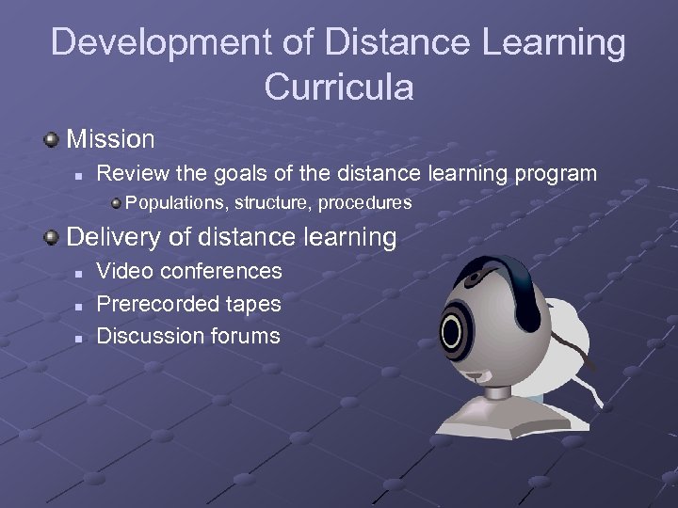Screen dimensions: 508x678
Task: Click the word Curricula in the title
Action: point(339,87)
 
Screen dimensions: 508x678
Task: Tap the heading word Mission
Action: point(110,139)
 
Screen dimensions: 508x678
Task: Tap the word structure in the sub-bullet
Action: point(273,203)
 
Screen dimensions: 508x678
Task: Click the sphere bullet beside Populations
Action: point(115,202)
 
